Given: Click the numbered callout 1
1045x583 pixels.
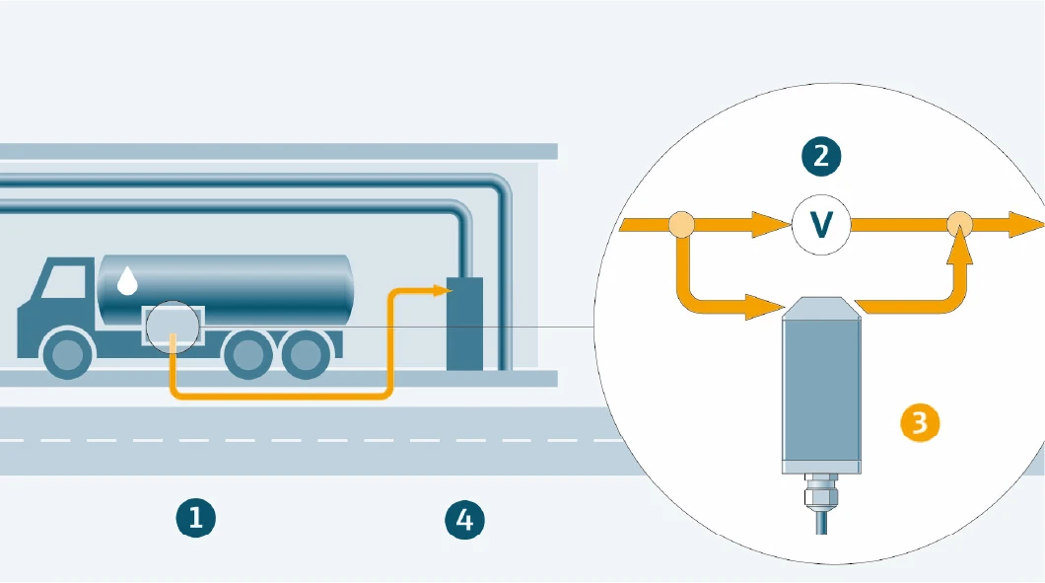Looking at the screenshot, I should click(195, 517).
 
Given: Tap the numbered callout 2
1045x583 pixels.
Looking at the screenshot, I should click(821, 155).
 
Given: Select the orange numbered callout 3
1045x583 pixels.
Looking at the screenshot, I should click(920, 422).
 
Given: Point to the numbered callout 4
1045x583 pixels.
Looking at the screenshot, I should click(464, 519).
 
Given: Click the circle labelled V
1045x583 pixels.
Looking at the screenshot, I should click(820, 225).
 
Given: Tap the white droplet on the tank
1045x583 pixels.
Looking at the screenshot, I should click(127, 282).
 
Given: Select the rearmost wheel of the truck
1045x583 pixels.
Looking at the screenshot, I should click(307, 354).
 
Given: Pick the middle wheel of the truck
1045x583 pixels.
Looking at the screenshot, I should click(247, 354).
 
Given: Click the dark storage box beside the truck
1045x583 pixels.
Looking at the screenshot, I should click(465, 324).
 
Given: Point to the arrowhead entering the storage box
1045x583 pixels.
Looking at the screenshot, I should click(441, 290).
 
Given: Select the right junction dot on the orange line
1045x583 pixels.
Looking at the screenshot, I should click(958, 225).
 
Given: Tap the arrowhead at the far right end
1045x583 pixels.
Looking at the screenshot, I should click(1026, 225).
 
